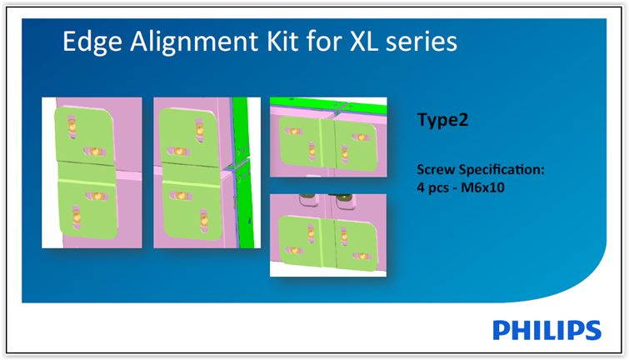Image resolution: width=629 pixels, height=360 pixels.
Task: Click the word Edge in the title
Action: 92,42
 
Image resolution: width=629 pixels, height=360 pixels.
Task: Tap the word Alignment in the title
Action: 194,42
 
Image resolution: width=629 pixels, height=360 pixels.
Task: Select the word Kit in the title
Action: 282,41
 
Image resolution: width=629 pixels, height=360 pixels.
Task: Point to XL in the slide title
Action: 364,41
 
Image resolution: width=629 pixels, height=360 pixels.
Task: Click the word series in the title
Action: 422,42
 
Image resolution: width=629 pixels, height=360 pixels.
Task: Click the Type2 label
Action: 442,120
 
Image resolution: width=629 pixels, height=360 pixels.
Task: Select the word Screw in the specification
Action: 436,169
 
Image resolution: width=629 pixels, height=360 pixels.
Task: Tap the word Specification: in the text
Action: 502,170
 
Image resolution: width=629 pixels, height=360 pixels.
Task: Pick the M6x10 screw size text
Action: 482,187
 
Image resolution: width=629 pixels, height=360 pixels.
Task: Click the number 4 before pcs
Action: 421,187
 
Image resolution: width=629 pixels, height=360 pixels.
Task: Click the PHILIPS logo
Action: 547,330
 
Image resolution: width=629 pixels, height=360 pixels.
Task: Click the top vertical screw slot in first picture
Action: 72,127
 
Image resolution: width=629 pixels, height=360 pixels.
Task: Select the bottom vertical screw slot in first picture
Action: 77,218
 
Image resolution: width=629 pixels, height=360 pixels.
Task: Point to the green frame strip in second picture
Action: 243,172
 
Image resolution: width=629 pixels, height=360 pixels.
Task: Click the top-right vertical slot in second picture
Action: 199,130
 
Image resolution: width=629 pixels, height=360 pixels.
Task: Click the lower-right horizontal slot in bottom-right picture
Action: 362,256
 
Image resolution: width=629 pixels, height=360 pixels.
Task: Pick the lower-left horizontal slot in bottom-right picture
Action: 294,251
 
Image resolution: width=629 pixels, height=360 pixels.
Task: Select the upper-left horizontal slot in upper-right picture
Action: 293,131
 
